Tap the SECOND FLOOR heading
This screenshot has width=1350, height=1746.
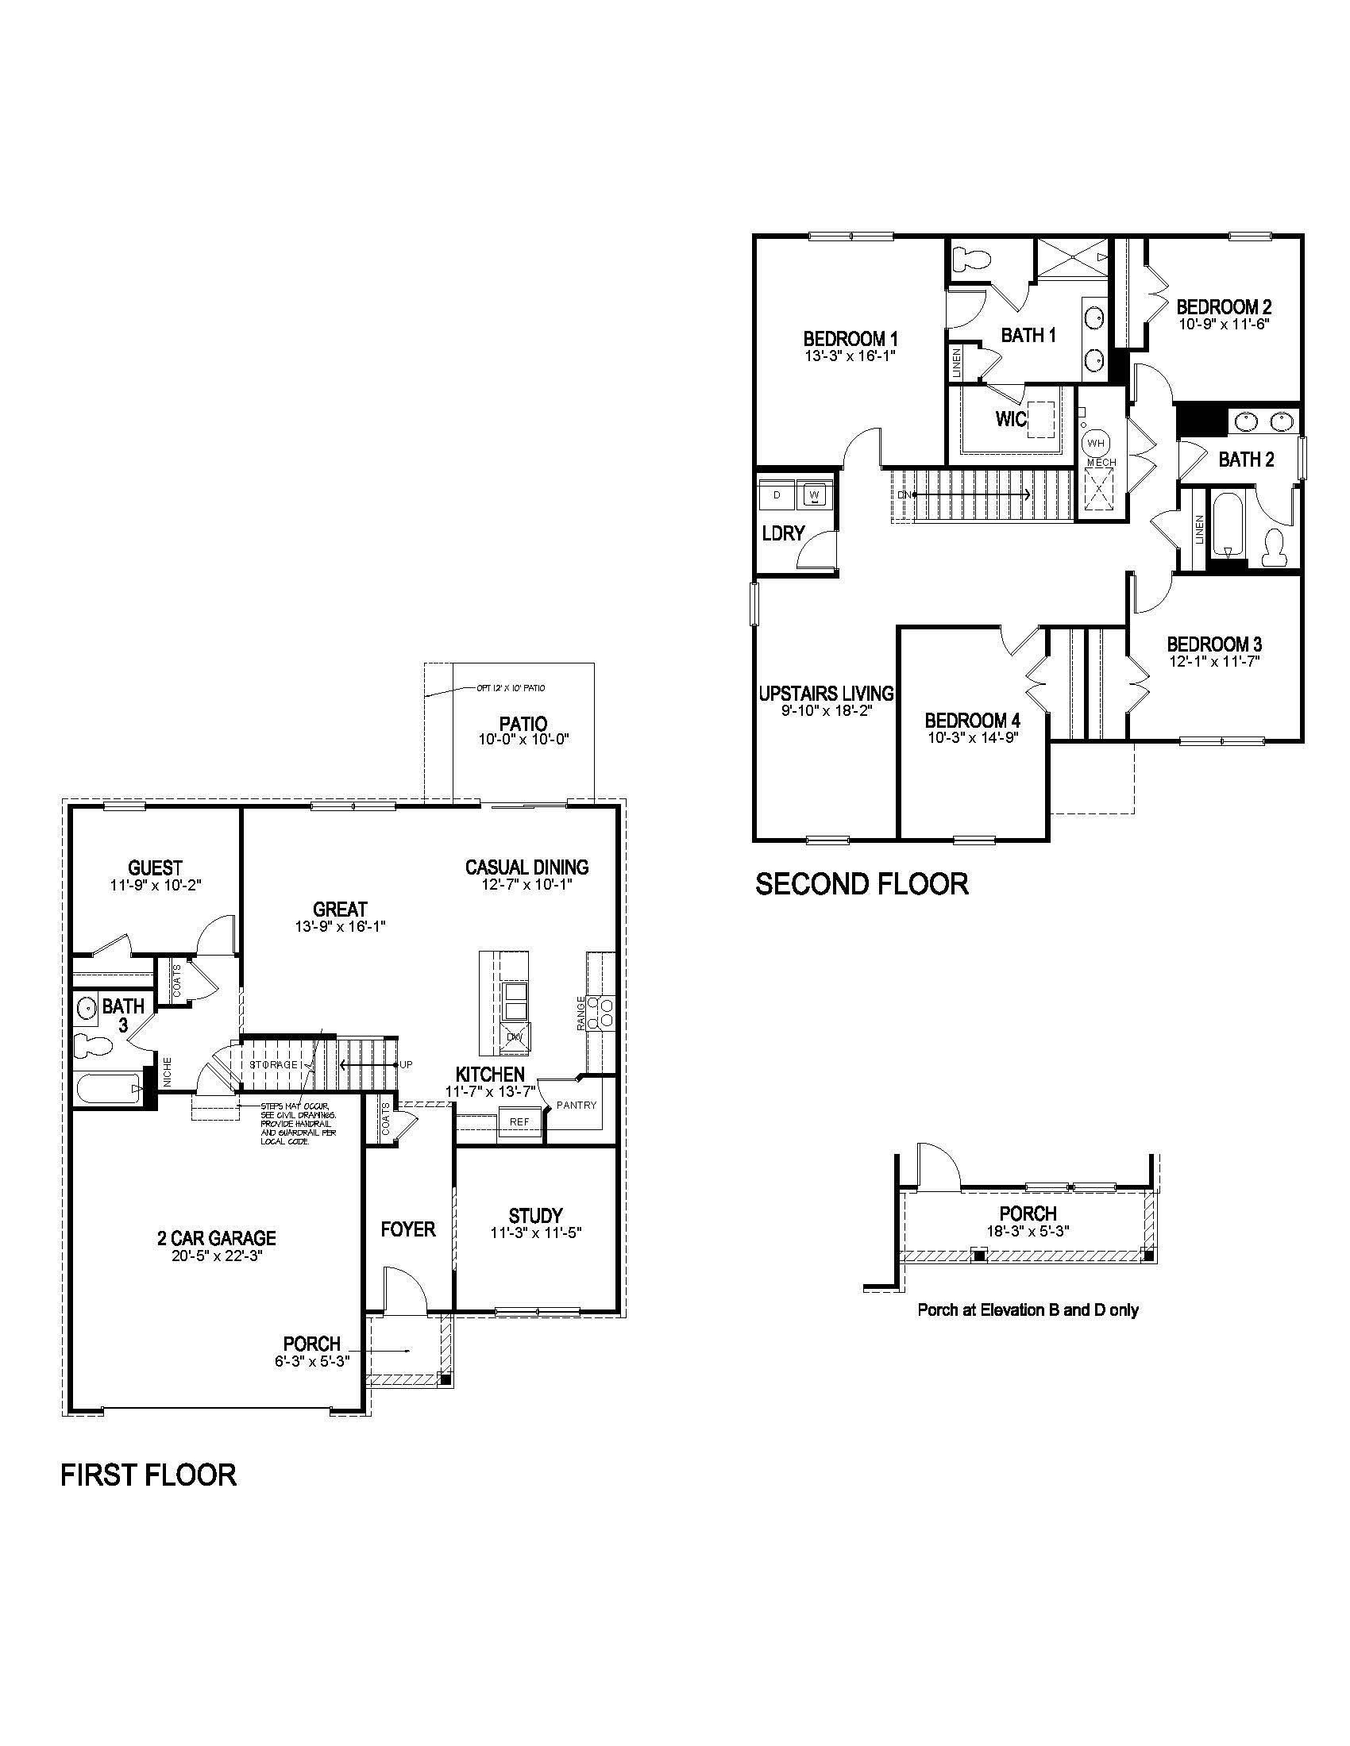(x=862, y=884)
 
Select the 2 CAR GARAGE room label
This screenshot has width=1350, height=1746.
(x=216, y=1238)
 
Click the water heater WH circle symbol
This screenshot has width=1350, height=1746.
(x=1095, y=443)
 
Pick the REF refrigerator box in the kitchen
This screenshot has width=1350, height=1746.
(x=519, y=1121)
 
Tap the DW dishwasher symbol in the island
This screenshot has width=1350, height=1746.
(x=515, y=1038)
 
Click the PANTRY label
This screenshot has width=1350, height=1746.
(x=577, y=1106)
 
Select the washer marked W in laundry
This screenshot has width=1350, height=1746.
(x=814, y=495)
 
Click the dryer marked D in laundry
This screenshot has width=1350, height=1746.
(x=777, y=495)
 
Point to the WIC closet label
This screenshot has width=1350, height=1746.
(x=1011, y=419)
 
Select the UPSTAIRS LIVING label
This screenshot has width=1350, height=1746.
(x=826, y=693)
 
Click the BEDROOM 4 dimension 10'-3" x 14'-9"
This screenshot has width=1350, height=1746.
(x=972, y=738)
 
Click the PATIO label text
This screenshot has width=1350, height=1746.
(x=523, y=725)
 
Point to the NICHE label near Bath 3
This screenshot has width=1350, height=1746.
(x=167, y=1072)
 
